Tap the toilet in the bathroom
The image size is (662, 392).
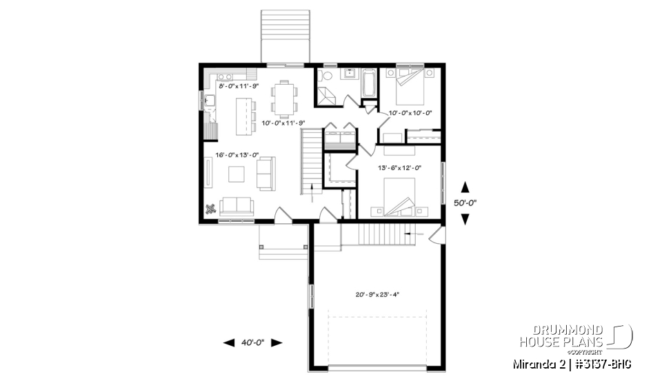click(326, 75)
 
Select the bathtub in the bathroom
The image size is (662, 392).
click(368, 83)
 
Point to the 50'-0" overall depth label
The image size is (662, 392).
click(465, 203)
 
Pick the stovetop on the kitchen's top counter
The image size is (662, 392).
click(226, 75)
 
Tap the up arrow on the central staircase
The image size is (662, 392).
click(313, 192)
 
